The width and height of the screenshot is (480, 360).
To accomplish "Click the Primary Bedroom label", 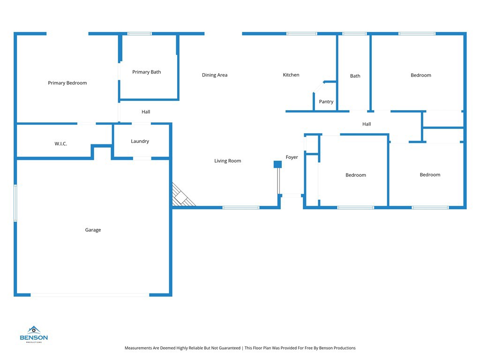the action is pos(67,83).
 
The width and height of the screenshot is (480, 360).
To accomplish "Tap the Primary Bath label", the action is pos(146,72).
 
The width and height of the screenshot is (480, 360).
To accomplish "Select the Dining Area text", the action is pos(215,75).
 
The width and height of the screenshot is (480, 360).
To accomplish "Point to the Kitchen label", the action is pos(291,75).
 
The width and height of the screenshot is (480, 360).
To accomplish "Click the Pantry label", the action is pos(326,102).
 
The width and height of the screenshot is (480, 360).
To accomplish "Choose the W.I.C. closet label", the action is pos(60,143).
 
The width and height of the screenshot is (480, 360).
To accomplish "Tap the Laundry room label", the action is pos(140,141).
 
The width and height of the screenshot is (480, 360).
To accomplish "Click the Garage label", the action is pos(93,230).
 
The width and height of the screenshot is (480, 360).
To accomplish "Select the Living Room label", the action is pos(227,161).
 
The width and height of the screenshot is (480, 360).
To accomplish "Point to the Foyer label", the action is pos(292,157).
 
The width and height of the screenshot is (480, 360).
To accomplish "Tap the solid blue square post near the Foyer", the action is pos(277,165).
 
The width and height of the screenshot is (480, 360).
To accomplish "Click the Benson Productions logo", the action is pos(34,334).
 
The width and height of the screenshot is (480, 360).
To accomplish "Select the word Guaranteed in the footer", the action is pos(230,348).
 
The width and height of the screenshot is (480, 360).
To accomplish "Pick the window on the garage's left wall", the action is pos(15,202).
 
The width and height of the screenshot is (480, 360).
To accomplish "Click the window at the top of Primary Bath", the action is pos(140,34).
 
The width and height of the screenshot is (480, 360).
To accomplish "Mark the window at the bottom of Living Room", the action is pos(241,208).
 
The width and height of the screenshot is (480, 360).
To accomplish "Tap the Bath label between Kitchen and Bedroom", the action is pos(355,76).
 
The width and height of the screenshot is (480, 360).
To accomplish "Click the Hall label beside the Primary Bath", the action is pos(146,112).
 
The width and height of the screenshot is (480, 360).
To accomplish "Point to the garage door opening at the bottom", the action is pos(90,295).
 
